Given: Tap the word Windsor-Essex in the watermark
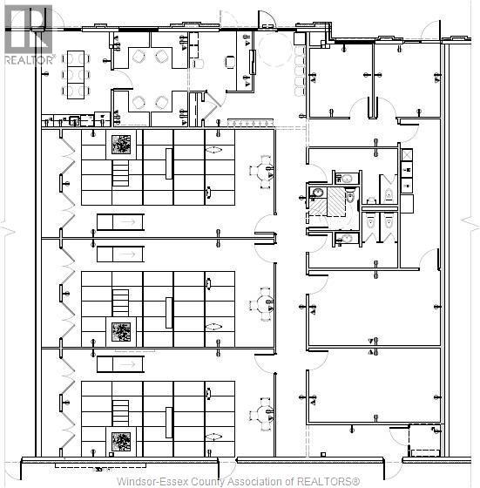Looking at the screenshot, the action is [x=152, y=481].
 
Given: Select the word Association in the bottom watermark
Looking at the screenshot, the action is [x=260, y=481].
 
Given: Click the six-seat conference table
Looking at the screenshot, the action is [x=76, y=75].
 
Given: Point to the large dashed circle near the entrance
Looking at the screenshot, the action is [x=275, y=50].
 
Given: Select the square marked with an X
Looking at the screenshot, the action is [x=407, y=155].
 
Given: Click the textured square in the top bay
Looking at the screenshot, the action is [x=121, y=145].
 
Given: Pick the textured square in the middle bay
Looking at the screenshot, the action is [x=121, y=332].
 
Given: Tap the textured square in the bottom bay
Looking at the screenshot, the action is [x=121, y=442].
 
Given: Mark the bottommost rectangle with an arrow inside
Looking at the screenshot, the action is [x=120, y=364].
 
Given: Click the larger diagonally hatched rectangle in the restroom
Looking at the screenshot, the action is [x=336, y=201].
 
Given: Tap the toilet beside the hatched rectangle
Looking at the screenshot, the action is [x=350, y=196].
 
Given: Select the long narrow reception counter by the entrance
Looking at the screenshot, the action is [x=253, y=62].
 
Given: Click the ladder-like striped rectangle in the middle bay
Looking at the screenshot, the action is [x=120, y=303].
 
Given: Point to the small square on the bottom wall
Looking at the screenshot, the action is [x=323, y=455].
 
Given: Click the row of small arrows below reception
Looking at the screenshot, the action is [x=250, y=123].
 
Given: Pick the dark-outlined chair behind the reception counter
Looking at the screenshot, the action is [x=230, y=61].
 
